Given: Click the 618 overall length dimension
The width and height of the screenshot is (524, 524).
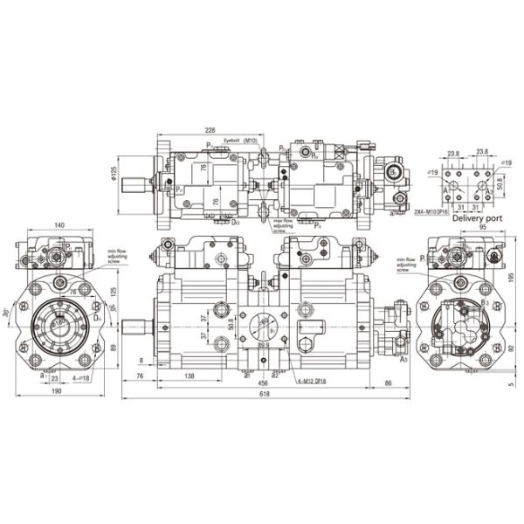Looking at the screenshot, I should point(265,395).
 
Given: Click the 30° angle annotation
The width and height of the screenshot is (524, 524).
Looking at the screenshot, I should point(9,313).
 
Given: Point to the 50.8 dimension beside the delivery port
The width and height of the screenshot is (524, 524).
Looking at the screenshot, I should point(500,185).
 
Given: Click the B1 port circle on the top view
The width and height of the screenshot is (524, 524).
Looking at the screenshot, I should point(395,172).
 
